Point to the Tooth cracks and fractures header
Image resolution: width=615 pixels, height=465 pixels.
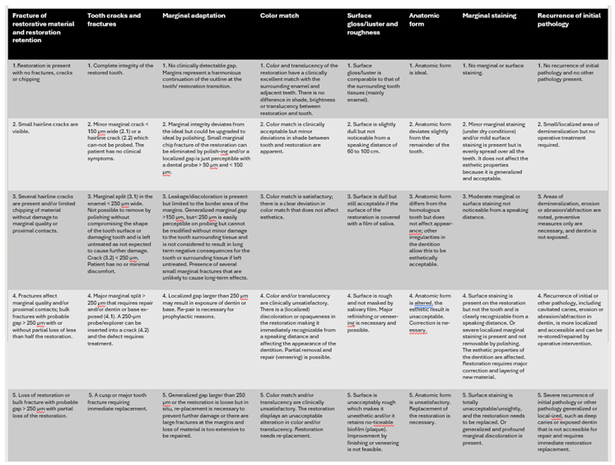click(114, 20)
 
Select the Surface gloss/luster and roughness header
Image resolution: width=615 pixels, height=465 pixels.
click(368, 24)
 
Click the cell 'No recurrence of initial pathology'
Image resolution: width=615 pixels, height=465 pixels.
click(570, 68)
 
